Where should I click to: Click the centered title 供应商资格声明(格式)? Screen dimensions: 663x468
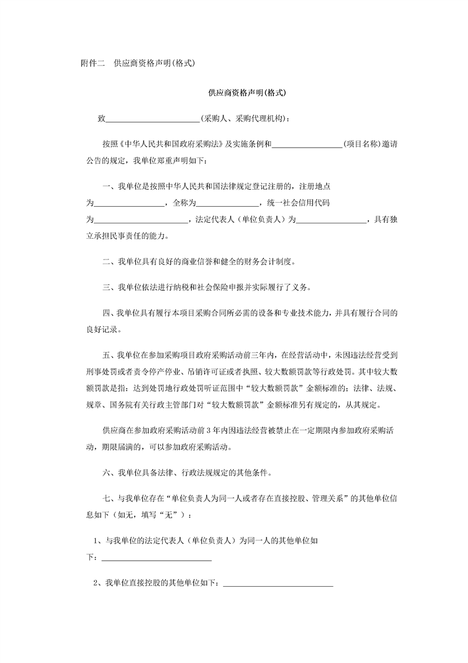pos(247,93)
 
